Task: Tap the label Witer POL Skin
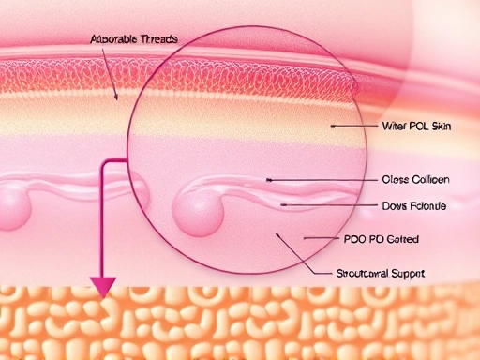[x=416, y=125]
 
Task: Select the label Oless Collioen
[x=416, y=179]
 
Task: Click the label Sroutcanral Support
[x=380, y=273]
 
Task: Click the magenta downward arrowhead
[x=101, y=286]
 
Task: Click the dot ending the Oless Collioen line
[x=269, y=178]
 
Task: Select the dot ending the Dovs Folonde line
[x=281, y=203]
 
